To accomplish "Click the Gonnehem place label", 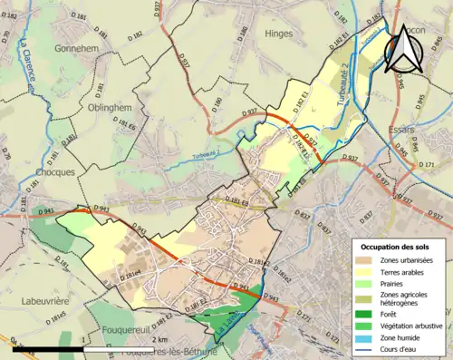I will pos(75,48).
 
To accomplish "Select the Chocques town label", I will pos(32,170).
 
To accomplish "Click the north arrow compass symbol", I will pos(401,47).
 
